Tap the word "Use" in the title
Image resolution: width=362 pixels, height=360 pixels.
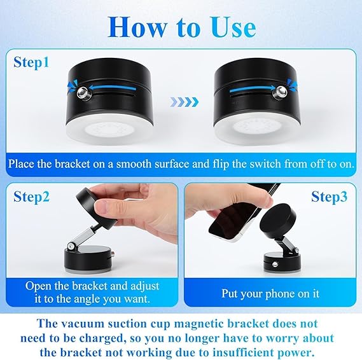228,27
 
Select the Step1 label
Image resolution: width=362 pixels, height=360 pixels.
32,62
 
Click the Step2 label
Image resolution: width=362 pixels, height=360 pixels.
32,197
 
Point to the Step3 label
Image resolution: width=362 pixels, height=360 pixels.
329,197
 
